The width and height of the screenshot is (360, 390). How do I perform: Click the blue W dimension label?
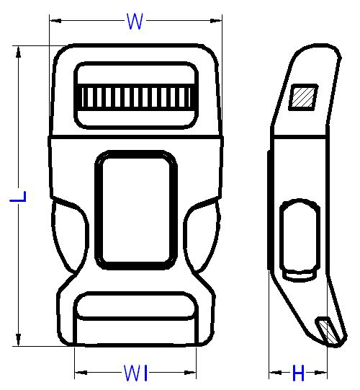135,22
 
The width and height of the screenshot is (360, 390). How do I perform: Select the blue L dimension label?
18,197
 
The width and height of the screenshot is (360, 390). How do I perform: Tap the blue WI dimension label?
135,373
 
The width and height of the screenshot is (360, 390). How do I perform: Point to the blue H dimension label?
298,373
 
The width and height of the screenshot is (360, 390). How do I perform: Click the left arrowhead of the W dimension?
55,21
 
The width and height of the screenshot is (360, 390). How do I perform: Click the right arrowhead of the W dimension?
216,21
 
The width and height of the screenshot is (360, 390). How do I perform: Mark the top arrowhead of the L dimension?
18,52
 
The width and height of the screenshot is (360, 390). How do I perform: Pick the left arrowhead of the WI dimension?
81,373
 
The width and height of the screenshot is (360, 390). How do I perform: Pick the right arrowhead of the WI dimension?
190,373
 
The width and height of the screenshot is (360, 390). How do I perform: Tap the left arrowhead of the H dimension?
275,373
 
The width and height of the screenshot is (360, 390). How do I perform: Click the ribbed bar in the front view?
136,97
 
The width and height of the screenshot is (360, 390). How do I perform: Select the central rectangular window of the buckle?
136,210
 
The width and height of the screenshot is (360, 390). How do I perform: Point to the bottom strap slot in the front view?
135,306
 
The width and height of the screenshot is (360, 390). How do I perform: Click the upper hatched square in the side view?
303,97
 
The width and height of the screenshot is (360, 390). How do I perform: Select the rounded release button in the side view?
300,240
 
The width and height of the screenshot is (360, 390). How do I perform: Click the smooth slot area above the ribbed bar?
136,74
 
